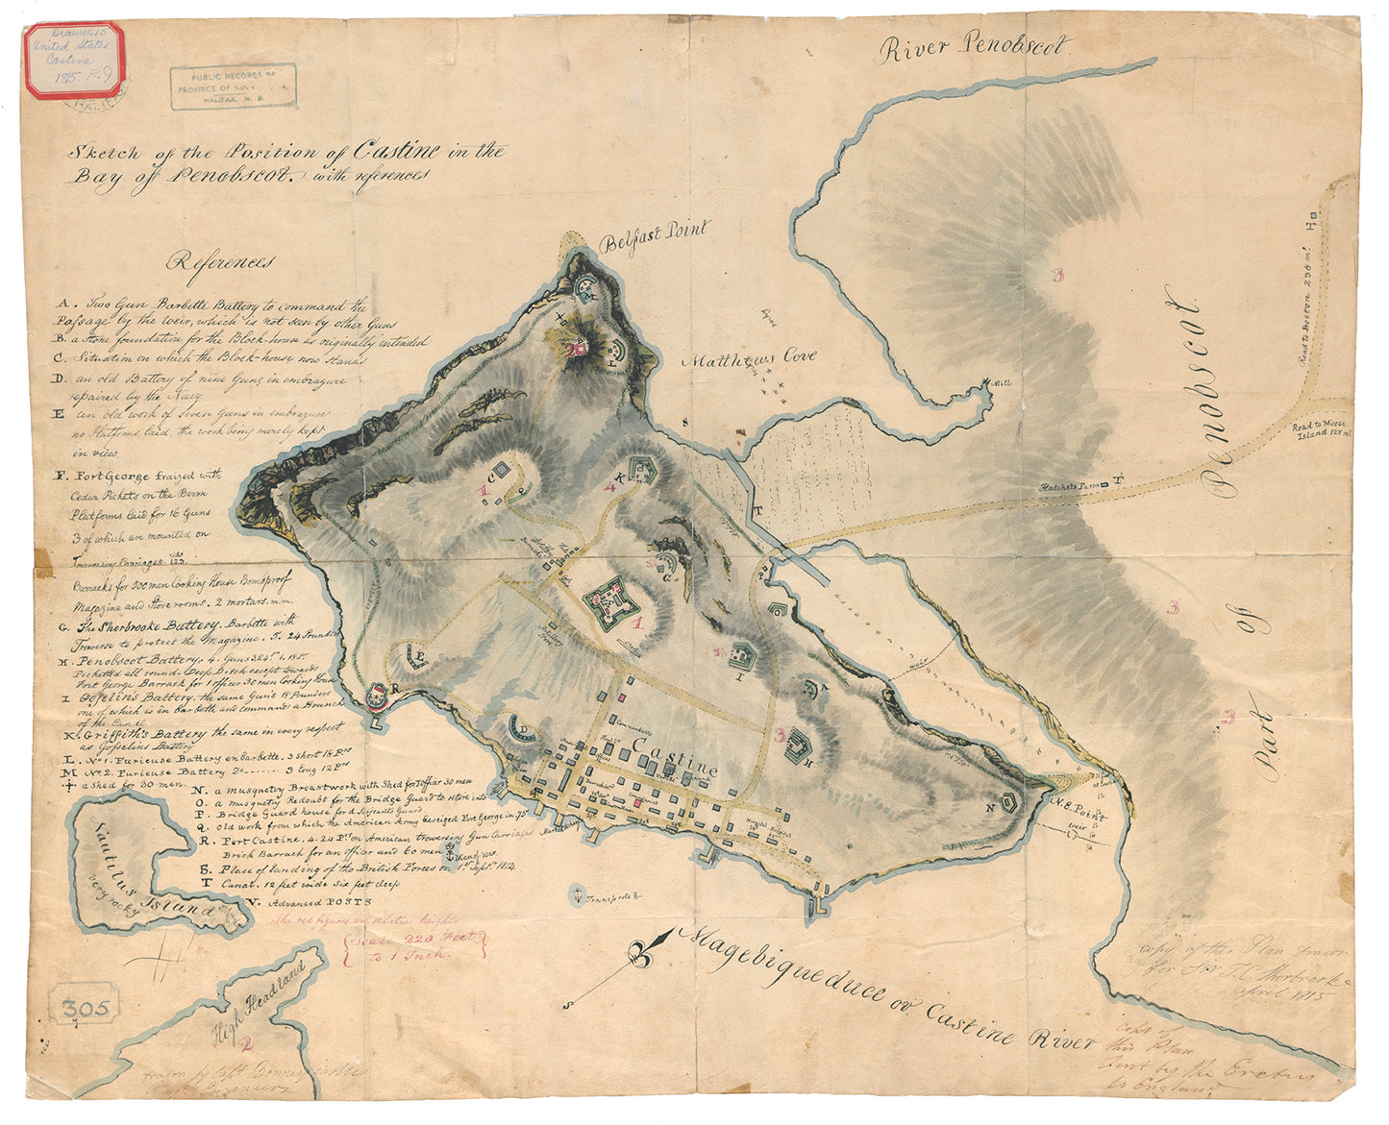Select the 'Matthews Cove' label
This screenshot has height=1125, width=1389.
[x=749, y=359]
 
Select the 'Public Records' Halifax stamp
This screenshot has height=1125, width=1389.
[x=234, y=86]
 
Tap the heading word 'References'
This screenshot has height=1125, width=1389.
[x=220, y=261]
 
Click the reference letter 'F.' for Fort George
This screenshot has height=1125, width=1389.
[x=61, y=474]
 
